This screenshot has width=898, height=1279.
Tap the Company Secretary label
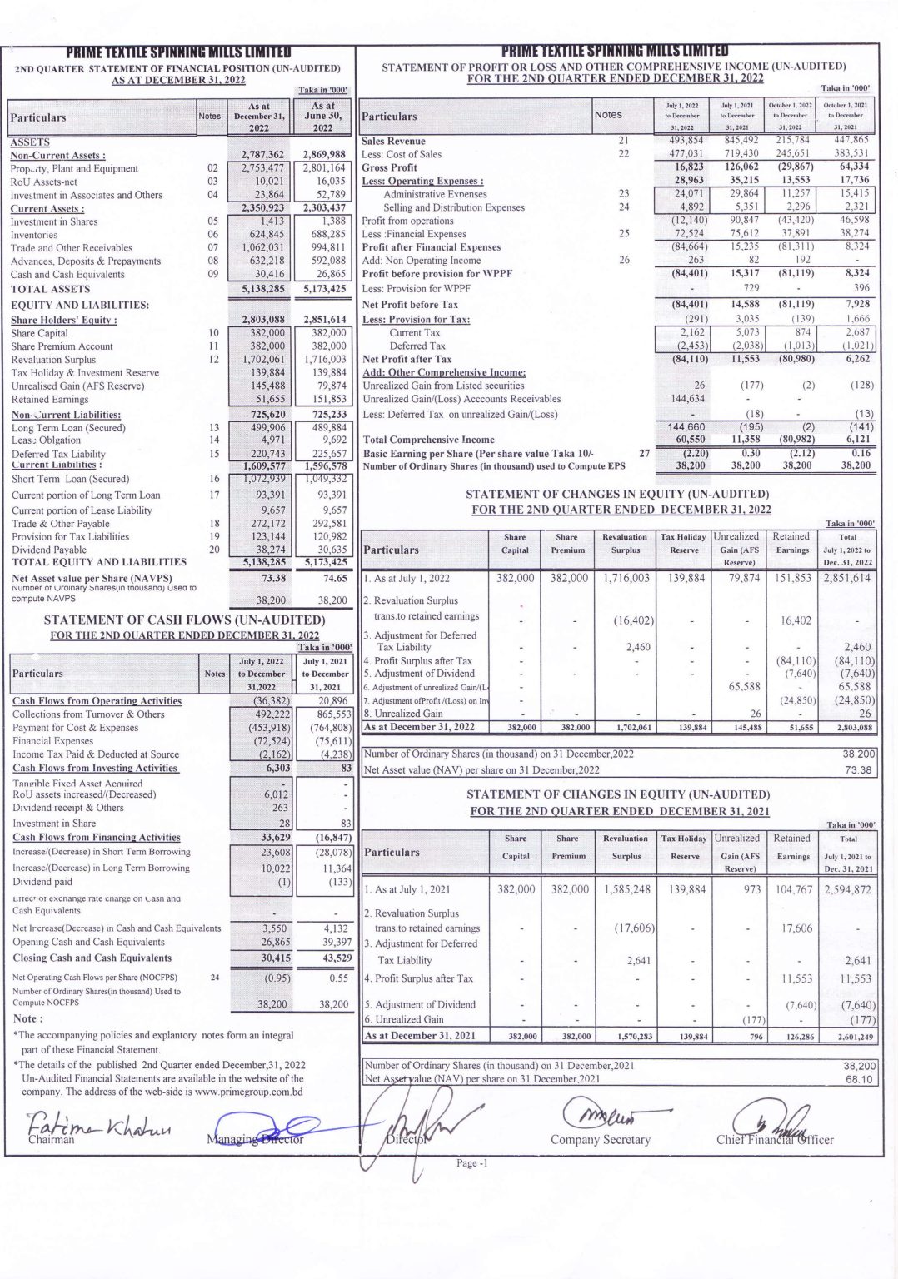pos(600,1139)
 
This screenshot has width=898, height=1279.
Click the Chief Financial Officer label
pos(774,1139)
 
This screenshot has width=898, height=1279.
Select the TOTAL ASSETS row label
pos(50,289)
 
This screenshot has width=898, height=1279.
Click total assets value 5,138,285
pos(263,289)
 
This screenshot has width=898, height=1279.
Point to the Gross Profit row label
pos(389,167)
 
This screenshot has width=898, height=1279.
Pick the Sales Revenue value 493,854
pos(686,141)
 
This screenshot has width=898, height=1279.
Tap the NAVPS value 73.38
pos(273,578)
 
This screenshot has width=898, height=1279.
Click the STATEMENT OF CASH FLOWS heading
pos(184,620)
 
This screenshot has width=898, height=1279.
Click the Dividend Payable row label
pos(49,550)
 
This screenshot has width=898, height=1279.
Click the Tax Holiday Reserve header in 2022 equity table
pos(684,543)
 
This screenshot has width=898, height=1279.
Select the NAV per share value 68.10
pos(859,1079)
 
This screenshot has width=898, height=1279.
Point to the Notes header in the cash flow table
pos(214,674)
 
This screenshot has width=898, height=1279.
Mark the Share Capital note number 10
pos(213,333)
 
